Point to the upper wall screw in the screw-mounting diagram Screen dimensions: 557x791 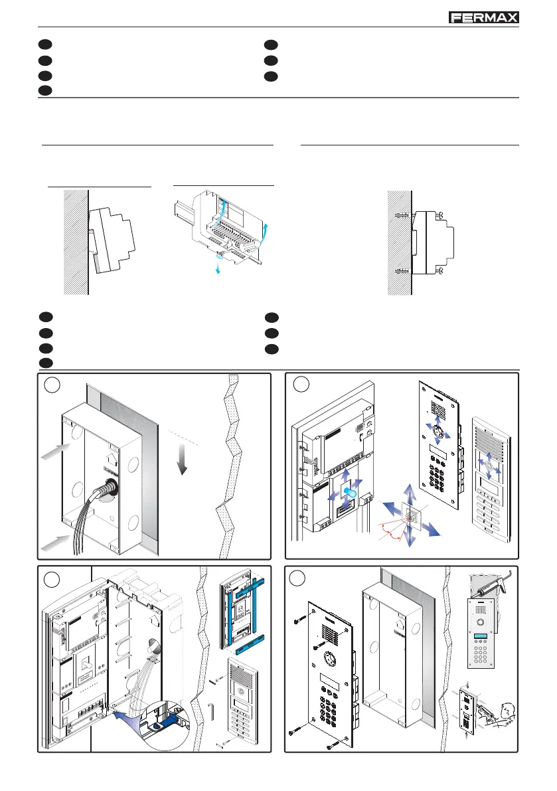tap(400, 215)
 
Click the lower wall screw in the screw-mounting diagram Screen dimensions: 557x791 tap(400, 270)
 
